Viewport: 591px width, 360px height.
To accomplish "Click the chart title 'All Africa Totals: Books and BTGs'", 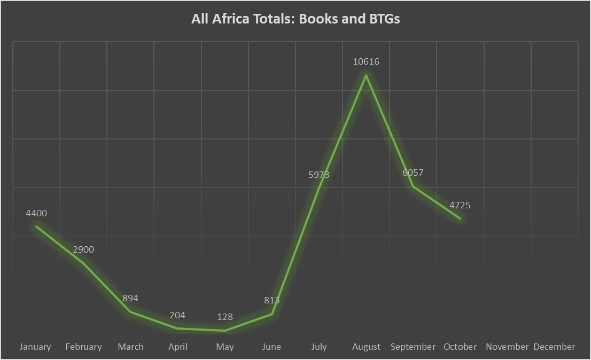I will point(295,19).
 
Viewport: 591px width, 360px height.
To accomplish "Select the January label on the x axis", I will point(35,347).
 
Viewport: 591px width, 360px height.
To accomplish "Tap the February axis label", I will point(83,347).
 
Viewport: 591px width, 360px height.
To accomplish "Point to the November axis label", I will point(507,347).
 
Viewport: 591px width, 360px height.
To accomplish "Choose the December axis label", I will point(554,347).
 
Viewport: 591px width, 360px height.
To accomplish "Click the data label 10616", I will point(366,61).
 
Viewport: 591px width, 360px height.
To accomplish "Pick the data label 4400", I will point(36,213).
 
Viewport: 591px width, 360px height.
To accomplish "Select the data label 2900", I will point(83,249).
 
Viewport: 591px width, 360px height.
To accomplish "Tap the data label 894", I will point(130,298).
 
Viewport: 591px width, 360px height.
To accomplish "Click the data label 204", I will point(177,316).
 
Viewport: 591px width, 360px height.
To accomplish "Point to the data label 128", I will point(224,317).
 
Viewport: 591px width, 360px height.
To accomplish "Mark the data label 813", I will point(271,300).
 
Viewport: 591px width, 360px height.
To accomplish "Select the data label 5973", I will point(318,175).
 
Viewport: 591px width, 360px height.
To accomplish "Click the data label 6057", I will point(413,173).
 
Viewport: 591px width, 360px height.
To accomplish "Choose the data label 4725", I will point(460,205).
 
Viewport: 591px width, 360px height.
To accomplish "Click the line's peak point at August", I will point(366,75).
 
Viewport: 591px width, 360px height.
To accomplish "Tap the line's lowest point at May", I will point(225,331).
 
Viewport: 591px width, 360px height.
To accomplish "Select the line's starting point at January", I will point(36,226).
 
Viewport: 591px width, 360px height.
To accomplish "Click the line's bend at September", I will point(413,186).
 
